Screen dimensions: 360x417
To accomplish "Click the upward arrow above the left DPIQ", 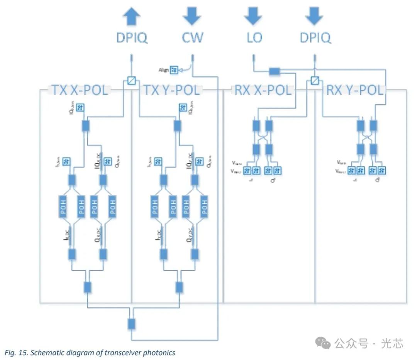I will pos(132,17).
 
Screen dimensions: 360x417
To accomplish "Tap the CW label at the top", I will pos(192,38).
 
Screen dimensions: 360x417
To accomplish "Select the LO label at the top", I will pos(253,38).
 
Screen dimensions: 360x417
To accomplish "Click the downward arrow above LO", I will pos(253,16).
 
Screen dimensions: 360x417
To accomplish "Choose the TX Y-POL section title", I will pos(172,91).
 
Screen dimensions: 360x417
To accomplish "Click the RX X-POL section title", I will pos(262,91).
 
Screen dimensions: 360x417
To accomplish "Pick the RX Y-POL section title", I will pos(354,91).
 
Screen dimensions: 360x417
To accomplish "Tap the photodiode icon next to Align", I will pos(174,69).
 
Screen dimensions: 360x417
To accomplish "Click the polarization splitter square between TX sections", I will pos(132,81).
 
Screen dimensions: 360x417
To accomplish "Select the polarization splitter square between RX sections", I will pos(315,81).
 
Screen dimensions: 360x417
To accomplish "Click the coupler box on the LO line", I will pos(274,71).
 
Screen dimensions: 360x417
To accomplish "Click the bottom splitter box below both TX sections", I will pos(132,324).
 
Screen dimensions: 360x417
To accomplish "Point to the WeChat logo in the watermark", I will pos(323,343).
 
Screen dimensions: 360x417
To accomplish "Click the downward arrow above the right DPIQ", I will pos(315,16).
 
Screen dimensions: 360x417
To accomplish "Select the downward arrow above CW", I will pos(192,16).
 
